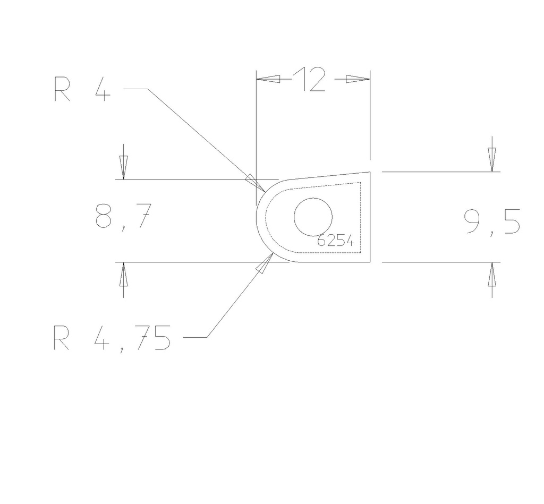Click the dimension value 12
[x=309, y=80]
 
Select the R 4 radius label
[x=82, y=89]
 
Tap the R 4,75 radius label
[x=112, y=338]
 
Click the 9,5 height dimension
[x=492, y=222]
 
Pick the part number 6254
[x=336, y=240]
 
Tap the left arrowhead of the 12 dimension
[x=268, y=79]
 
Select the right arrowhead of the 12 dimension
[x=358, y=79]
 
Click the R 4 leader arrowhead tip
[x=265, y=192]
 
